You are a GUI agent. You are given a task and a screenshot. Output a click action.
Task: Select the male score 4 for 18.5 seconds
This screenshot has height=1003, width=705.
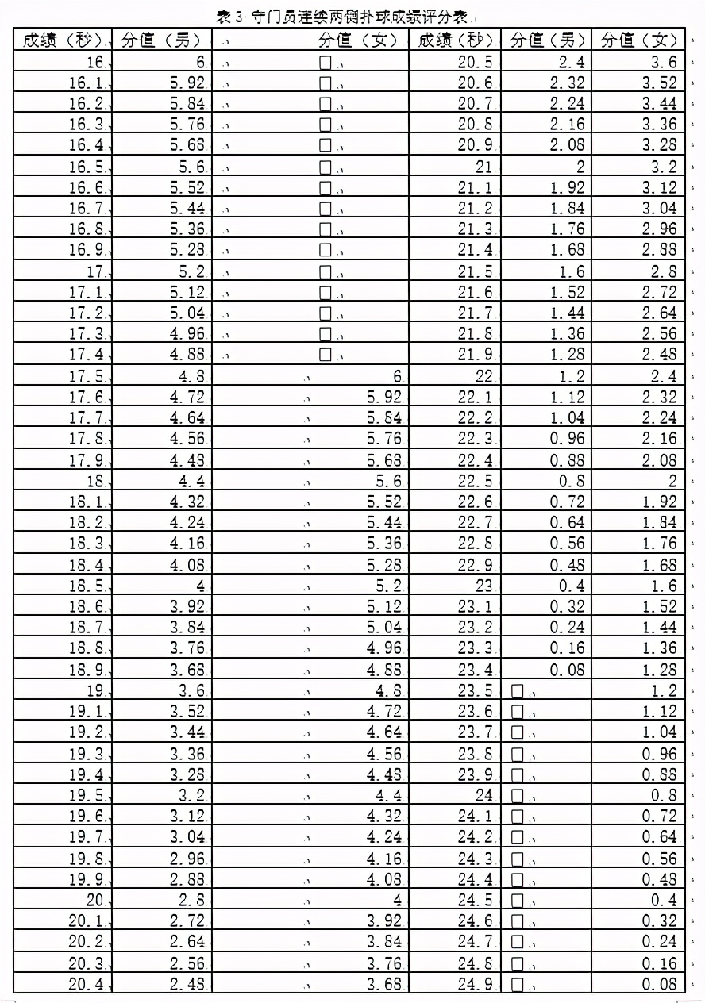(199, 586)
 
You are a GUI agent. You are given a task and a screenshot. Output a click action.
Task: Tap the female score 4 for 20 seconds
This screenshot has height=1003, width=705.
(397, 900)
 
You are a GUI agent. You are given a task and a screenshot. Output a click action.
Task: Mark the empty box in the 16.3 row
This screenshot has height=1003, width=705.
(325, 125)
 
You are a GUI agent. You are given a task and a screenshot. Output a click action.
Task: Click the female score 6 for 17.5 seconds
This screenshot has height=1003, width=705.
(397, 376)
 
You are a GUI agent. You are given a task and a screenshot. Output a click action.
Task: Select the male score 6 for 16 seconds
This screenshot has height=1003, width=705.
(199, 63)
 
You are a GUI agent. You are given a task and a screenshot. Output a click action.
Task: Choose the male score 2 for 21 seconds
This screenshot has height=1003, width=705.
(580, 167)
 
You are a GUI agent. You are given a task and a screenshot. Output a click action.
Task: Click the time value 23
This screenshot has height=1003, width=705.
(483, 586)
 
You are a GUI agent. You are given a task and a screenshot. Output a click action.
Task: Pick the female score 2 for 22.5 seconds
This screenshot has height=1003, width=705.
(672, 481)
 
